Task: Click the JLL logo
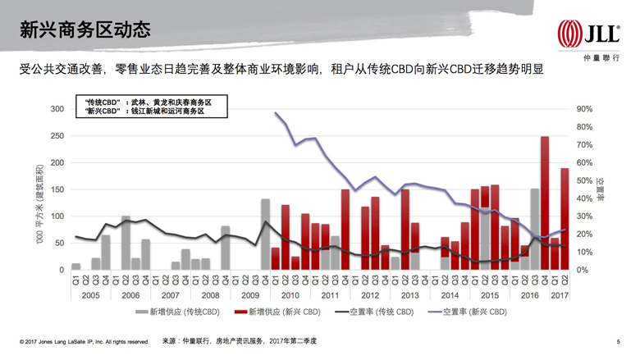588,34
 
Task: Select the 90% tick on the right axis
583,109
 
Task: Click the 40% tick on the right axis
583,198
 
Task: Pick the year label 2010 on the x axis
290,294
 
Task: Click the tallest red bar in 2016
545,203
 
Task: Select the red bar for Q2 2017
565,218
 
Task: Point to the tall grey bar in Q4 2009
265,234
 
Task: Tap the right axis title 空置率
610,189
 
